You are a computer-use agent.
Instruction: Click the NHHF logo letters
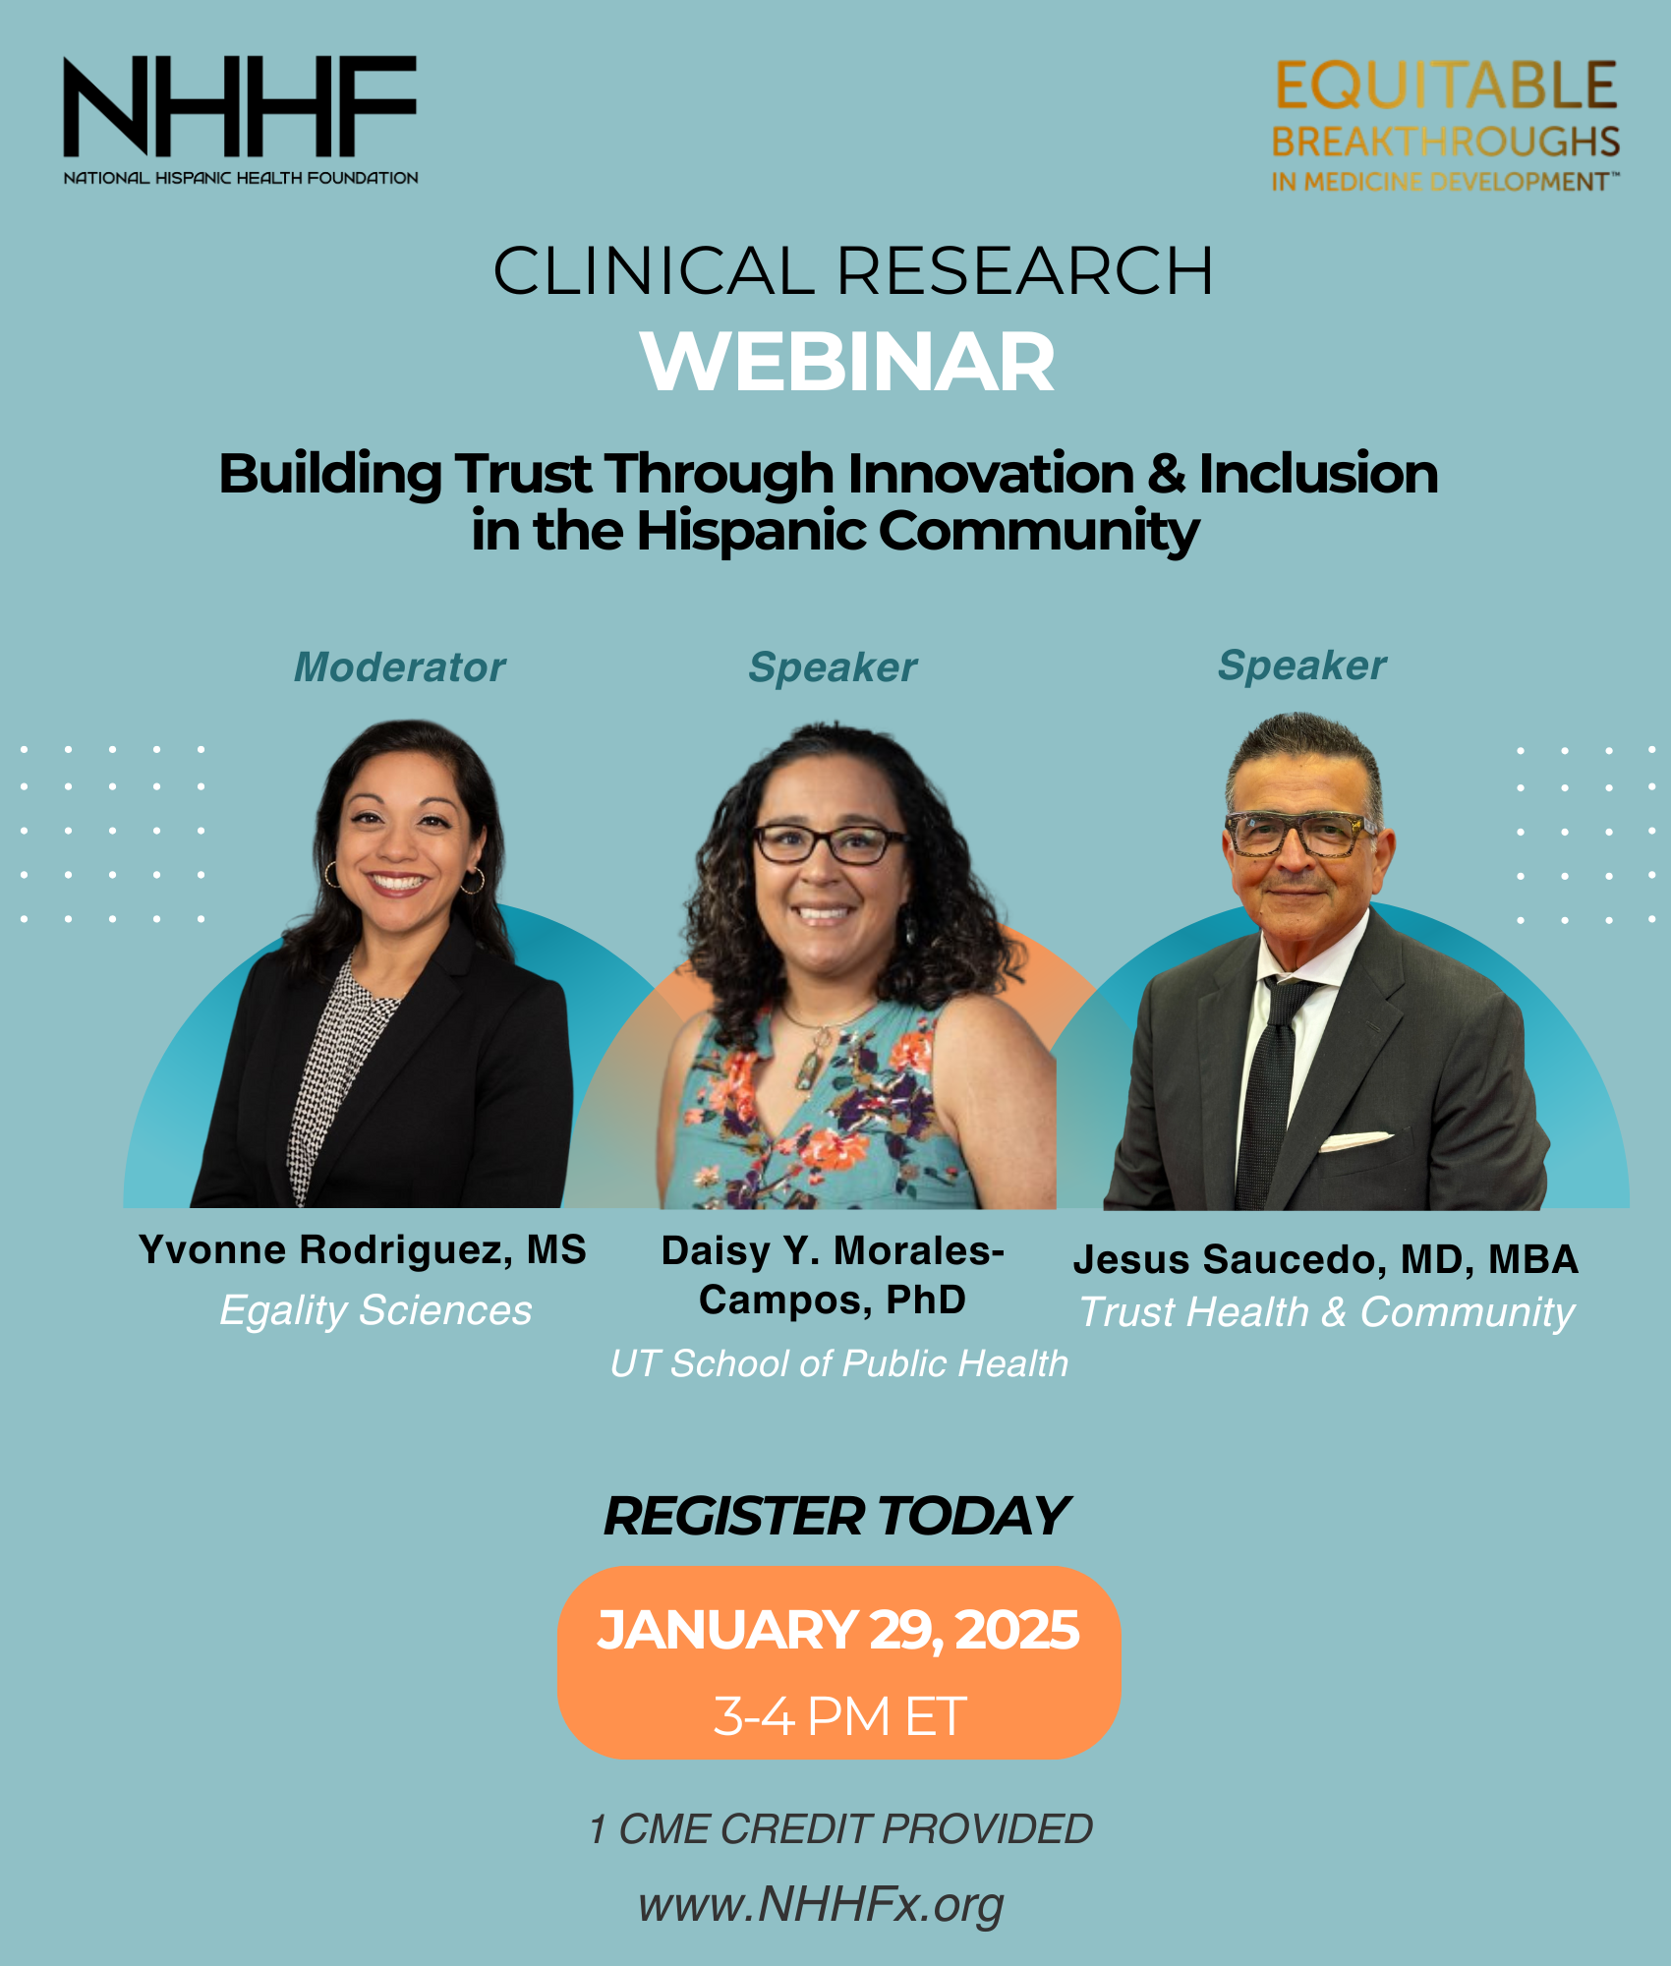coord(240,106)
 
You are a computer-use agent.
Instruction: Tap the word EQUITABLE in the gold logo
coord(1446,86)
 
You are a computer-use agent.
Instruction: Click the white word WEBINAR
coord(847,362)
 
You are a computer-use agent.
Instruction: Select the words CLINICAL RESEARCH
coord(853,270)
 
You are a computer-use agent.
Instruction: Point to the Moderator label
coord(400,667)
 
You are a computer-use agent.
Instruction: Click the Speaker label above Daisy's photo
coord(833,668)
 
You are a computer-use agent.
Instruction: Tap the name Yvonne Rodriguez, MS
coord(363,1250)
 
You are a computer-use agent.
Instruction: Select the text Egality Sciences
coord(375,1310)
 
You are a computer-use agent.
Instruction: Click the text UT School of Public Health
coord(838,1363)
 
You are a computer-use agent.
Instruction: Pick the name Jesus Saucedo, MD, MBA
coord(1326,1259)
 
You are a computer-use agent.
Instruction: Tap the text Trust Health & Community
coord(1327,1312)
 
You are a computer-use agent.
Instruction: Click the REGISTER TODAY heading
coord(836,1516)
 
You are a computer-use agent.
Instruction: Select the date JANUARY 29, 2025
coord(838,1630)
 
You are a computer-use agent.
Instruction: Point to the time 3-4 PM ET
coord(840,1716)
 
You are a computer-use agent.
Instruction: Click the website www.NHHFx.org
coord(821,1904)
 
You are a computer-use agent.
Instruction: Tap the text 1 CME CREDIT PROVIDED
coord(840,1829)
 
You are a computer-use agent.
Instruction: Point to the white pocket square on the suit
coord(1355,1141)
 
